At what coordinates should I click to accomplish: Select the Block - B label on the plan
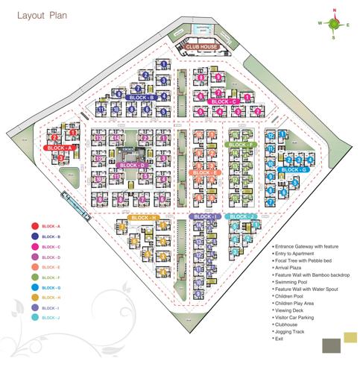pos(142,97)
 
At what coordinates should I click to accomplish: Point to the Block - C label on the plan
pos(224,101)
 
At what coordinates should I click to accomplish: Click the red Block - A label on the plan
pos(59,148)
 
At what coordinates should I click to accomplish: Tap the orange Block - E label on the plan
pos(205,172)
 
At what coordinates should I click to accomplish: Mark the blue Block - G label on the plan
pos(293,169)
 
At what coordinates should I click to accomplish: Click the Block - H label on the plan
pos(144,217)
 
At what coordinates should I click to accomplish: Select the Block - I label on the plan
pos(203,217)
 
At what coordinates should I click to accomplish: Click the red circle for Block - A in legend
pos(34,225)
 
